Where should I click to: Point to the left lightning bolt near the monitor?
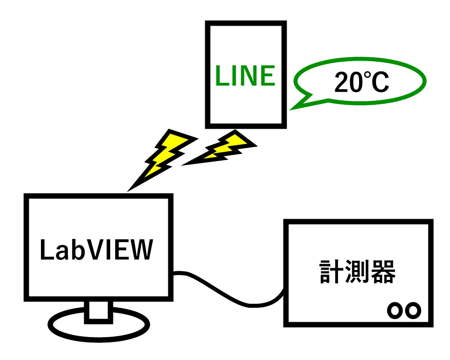162,155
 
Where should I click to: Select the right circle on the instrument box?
413,310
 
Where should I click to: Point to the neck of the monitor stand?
99,310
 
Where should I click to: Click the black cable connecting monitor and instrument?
229,292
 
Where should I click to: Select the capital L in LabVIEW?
45,250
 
